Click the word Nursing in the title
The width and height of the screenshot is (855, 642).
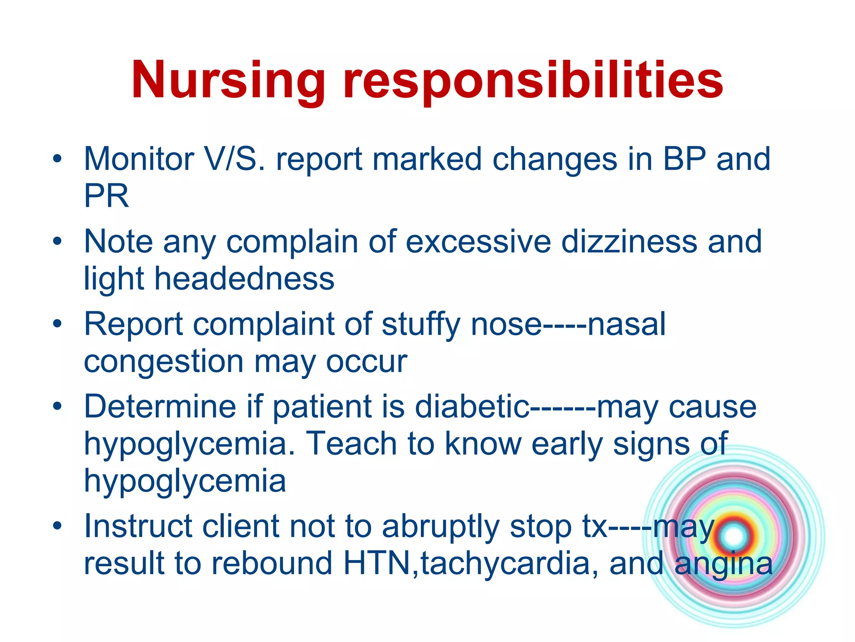(228, 80)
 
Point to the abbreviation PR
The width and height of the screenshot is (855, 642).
(106, 196)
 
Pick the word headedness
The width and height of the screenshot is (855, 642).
(244, 279)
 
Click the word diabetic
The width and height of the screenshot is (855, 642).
(472, 407)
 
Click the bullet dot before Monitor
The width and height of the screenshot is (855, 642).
(57, 159)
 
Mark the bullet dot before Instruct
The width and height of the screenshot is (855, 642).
(57, 526)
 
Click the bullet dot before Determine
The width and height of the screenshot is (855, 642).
(57, 406)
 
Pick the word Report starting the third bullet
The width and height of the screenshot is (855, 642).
(134, 325)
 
